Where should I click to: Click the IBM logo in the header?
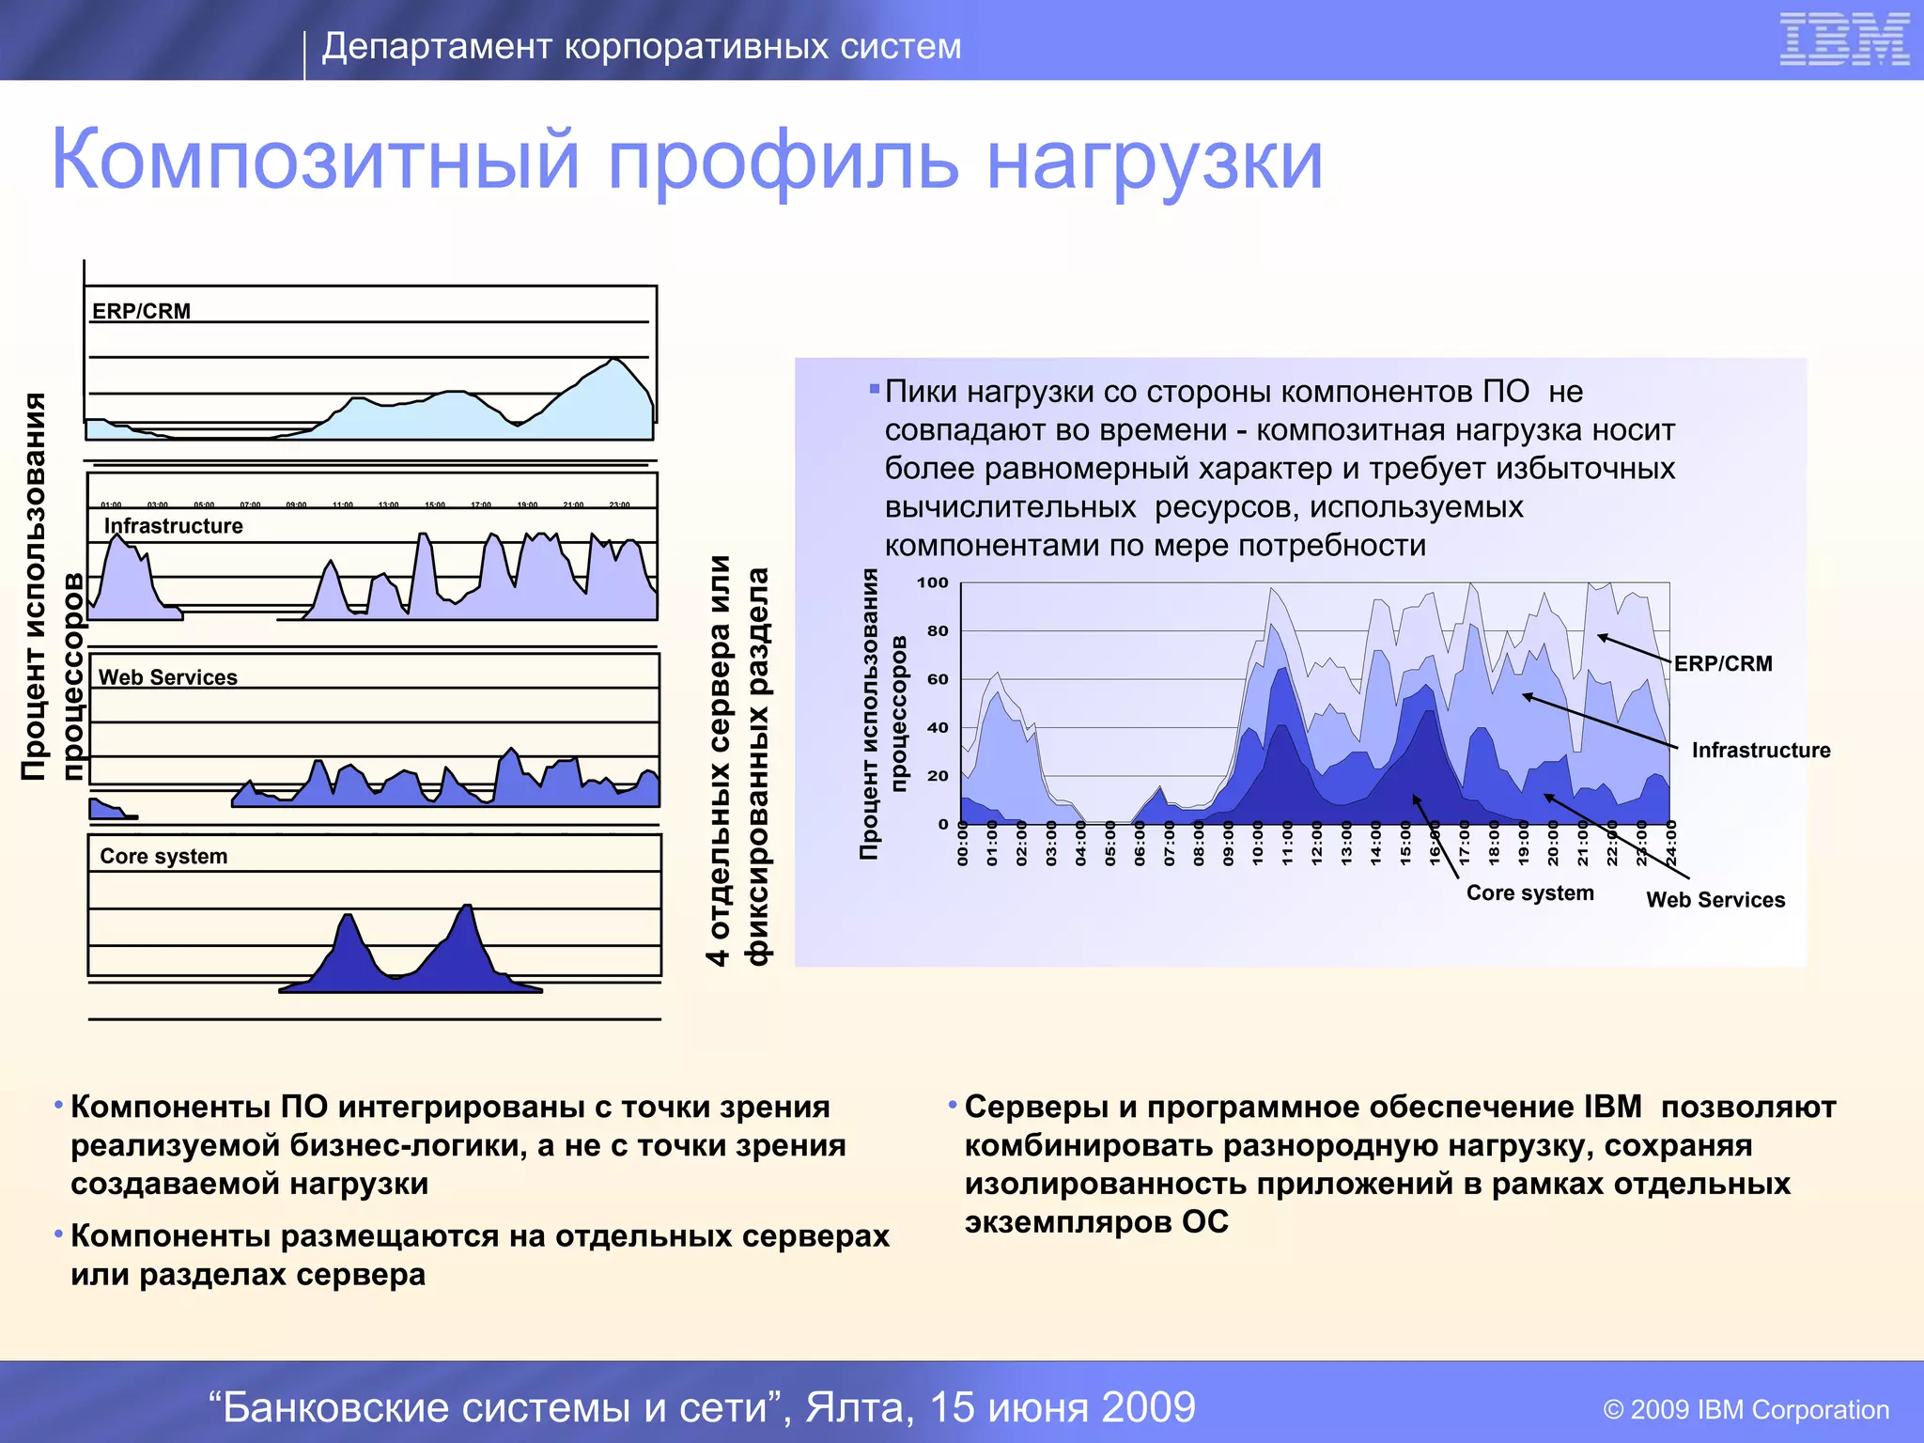click(1843, 40)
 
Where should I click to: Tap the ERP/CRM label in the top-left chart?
click(141, 311)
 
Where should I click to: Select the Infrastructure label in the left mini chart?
click(173, 526)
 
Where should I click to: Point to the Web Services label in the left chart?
click(167, 677)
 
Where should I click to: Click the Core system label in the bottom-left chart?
click(163, 857)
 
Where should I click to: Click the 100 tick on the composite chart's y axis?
click(932, 582)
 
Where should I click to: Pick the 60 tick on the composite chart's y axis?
click(937, 679)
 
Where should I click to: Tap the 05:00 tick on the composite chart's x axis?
click(1109, 844)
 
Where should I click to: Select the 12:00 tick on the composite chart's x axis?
click(1316, 844)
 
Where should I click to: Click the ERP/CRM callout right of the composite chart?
click(1722, 663)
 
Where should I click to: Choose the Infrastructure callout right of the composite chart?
click(1761, 751)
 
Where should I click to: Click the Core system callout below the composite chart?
click(1529, 893)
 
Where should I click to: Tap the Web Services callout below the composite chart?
click(1715, 900)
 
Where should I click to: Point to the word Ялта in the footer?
click(859, 1407)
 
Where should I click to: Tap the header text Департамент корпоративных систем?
click(642, 46)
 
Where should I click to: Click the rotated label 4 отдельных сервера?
click(719, 761)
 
